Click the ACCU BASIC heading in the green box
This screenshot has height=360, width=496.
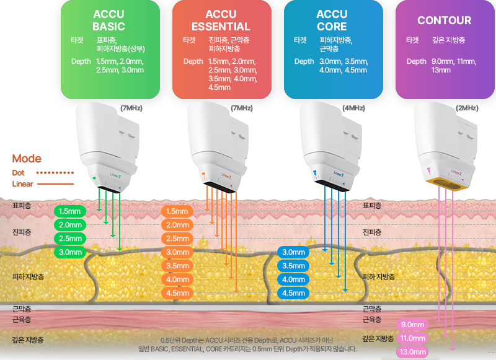pos(108,20)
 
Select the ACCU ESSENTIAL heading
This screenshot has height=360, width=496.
pos(221,20)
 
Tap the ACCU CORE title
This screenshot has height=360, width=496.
pos(332,20)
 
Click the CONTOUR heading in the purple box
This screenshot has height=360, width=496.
pos(444,20)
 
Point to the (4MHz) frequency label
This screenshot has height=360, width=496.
pos(353,108)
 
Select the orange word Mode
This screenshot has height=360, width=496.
pos(27,159)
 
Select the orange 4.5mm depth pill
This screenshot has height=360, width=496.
pos(177,293)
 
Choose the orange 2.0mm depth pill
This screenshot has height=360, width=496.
pos(177,225)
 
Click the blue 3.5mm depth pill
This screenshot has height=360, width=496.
pos(293,266)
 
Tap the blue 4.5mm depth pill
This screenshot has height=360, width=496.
pos(293,293)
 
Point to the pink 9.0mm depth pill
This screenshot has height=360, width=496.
pos(412,325)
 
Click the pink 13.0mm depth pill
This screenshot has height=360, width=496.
pos(412,352)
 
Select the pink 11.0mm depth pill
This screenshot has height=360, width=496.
pos(412,338)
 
